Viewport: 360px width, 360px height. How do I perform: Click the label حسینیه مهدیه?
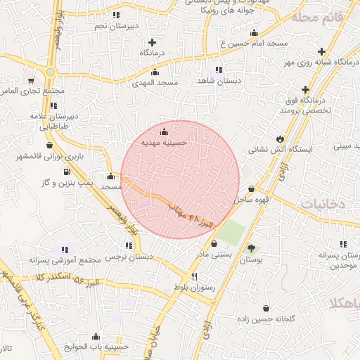(164, 142)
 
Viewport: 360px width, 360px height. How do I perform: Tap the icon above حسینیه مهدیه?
(165, 131)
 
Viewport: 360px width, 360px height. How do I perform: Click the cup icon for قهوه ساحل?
(252, 188)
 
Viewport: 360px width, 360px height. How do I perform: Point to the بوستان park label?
(251, 259)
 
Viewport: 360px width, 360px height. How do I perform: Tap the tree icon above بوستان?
(252, 248)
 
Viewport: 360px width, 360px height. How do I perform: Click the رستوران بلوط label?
(193, 288)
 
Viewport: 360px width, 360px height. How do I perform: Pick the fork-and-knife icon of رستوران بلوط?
(194, 276)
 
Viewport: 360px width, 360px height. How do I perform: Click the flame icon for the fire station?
(281, 137)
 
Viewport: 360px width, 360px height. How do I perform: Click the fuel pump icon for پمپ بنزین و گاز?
(67, 171)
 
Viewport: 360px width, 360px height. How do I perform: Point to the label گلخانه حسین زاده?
(266, 319)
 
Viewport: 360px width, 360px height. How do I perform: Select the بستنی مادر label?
(213, 255)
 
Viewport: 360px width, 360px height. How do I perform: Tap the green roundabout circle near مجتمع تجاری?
(51, 72)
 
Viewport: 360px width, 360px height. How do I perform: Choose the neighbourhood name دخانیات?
(323, 203)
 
